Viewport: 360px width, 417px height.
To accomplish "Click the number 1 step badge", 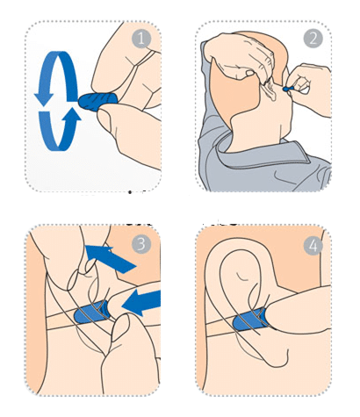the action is pos(141,39).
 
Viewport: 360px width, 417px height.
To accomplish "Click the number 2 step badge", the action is pos(313,39).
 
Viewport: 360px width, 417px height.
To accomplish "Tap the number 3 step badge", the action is pos(141,244).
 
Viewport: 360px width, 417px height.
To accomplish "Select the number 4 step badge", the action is pos(313,245).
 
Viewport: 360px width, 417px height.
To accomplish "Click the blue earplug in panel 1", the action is pos(98,101).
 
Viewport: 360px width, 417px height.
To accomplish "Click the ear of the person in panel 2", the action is pos(270,90).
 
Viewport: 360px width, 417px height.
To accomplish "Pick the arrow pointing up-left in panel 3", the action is pos(111,258).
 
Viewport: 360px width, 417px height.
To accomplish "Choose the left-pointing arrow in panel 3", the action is pos(141,303).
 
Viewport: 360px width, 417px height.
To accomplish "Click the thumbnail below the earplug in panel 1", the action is pos(104,119).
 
